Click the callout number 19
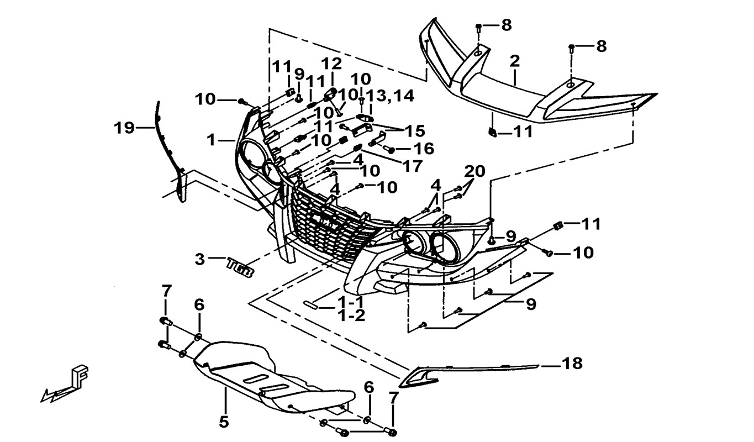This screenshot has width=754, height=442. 124,129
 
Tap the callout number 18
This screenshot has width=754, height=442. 572,364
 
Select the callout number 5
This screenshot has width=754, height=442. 223,422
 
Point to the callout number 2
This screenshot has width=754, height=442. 515,61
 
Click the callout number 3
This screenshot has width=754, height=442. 200,259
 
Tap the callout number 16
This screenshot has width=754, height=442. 423,149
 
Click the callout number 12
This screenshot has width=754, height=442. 333,64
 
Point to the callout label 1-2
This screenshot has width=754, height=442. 352,317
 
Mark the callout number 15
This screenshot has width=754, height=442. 414,131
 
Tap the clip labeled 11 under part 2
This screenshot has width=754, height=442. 491,131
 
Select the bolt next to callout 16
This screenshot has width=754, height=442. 389,149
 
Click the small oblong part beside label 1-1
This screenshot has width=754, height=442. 310,304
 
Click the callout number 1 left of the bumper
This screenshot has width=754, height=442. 210,140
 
